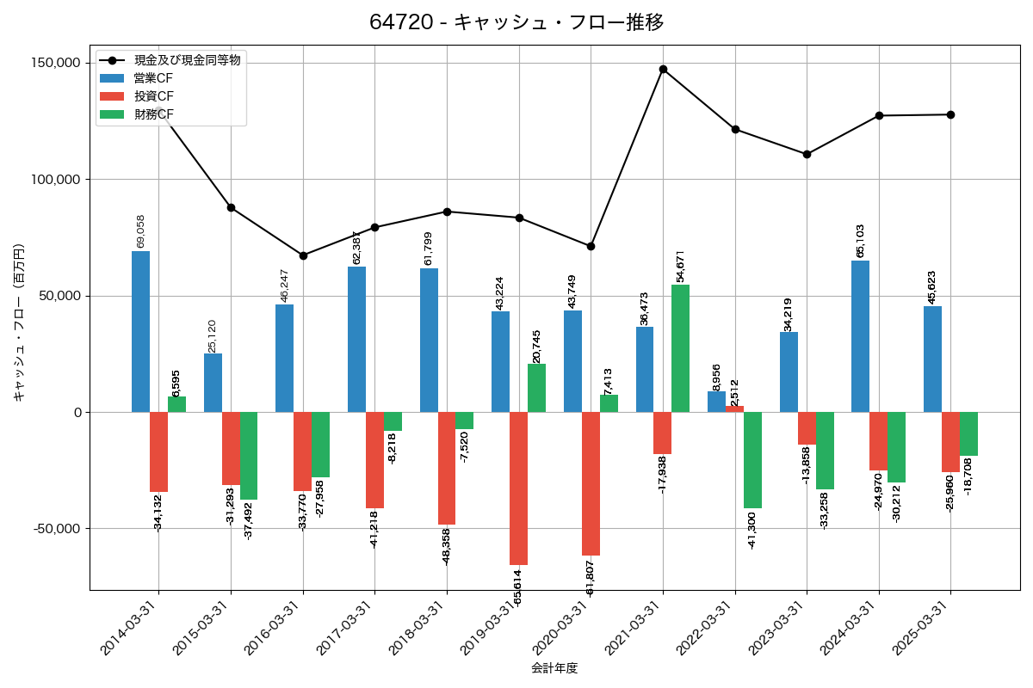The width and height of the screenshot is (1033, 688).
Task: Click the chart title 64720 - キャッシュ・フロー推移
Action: (x=516, y=22)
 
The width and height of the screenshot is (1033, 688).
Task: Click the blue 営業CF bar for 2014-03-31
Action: (x=140, y=331)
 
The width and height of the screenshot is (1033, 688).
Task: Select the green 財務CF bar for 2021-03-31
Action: (x=680, y=348)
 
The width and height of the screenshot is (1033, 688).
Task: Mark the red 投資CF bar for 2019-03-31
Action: (x=518, y=488)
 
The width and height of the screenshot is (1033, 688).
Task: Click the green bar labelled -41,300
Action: (x=752, y=460)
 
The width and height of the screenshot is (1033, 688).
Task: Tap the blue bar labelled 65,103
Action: (x=860, y=336)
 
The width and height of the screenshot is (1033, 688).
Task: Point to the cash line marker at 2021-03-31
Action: (x=663, y=69)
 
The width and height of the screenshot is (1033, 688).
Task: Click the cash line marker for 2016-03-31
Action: (x=303, y=255)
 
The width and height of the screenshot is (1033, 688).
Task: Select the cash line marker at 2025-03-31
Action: (x=950, y=114)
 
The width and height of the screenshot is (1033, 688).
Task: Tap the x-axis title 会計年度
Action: (x=554, y=668)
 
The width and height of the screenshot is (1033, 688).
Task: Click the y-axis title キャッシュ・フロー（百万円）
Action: (x=20, y=323)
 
